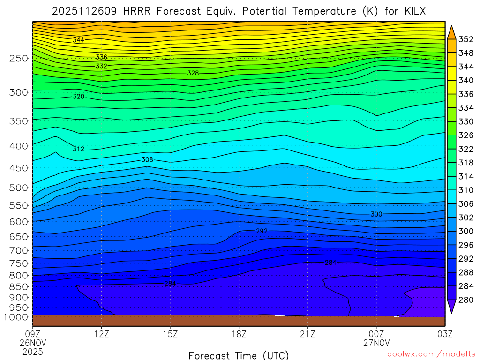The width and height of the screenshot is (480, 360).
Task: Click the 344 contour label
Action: (78, 40)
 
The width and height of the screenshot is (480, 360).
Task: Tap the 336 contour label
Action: (101, 57)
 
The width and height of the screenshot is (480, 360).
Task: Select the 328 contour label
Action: (193, 73)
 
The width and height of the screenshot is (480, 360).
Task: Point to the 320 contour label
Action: (79, 97)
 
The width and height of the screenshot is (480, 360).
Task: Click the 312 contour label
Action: (78, 149)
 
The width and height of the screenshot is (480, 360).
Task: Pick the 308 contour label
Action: (147, 160)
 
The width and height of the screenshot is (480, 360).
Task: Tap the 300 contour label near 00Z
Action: (376, 214)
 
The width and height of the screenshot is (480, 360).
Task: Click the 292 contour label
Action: (262, 231)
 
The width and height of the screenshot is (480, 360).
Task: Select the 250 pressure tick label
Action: (19, 59)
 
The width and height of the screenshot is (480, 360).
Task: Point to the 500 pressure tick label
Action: (19, 187)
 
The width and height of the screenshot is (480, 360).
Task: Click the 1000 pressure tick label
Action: (16, 317)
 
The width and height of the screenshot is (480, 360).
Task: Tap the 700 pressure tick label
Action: (19, 250)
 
